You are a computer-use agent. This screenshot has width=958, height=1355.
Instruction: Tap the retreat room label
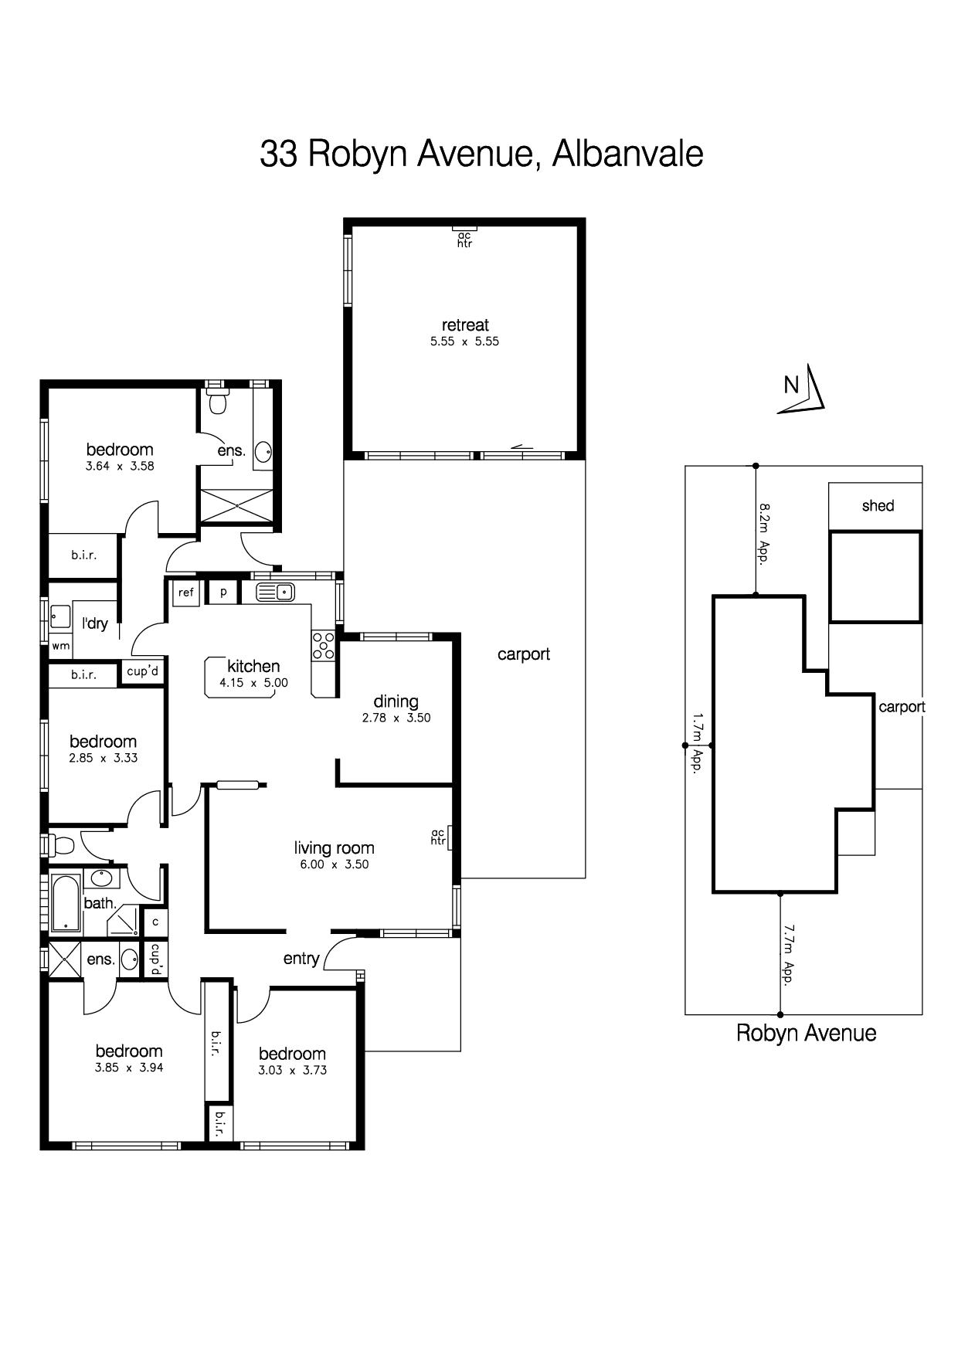465,325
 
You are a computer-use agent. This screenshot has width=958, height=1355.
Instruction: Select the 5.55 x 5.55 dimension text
465,341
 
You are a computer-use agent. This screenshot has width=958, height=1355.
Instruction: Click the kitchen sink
275,593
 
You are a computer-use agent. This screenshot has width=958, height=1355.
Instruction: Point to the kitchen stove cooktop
323,646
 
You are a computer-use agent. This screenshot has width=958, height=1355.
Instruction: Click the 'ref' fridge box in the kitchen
186,593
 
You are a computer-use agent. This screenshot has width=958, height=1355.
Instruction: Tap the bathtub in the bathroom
66,903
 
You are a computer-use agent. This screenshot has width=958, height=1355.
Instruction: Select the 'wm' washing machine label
61,646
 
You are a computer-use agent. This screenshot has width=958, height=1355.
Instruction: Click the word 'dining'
396,702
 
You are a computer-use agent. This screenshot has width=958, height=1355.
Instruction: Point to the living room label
334,848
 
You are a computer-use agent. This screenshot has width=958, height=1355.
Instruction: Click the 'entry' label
301,959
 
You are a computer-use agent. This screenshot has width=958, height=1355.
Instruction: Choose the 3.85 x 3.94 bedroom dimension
129,1068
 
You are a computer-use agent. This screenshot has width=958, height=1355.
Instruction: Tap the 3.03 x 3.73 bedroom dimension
292,1071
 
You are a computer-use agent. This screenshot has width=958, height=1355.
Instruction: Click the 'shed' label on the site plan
878,506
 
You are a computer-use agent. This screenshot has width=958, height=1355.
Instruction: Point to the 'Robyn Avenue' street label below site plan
806,1034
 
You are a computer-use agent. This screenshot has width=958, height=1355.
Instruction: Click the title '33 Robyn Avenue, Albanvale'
481,154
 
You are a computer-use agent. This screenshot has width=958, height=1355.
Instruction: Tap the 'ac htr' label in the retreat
464,239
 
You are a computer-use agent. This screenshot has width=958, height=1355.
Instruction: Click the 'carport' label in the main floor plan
524,655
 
